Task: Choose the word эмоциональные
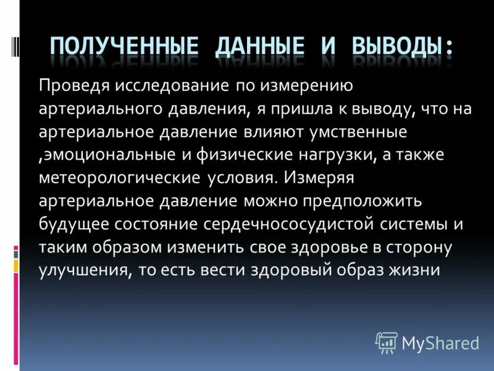(x=95, y=155)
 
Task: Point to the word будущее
(x=70, y=224)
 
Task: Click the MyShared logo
(x=428, y=342)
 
